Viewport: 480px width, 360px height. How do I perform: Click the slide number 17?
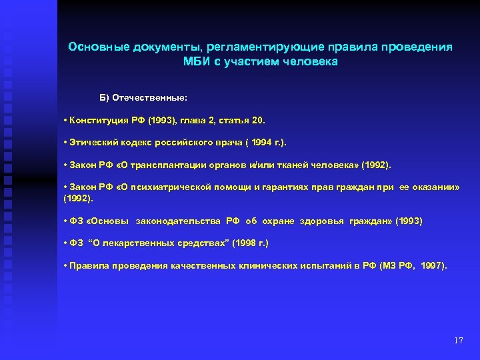click(457, 341)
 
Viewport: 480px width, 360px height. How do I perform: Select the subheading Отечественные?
click(150, 98)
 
